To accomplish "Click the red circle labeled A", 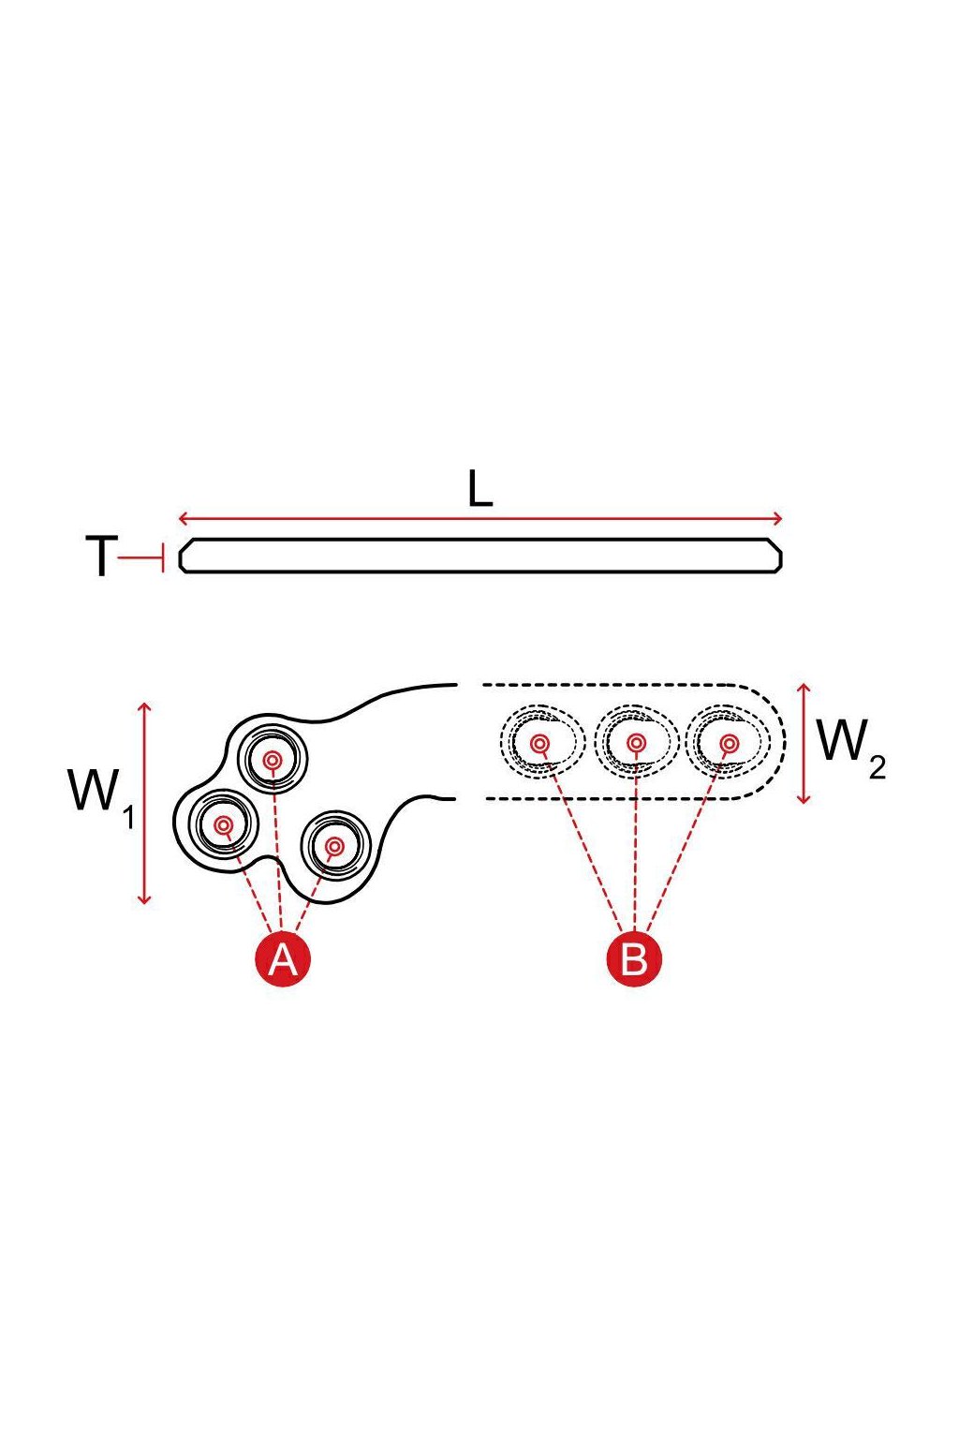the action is coord(283,959).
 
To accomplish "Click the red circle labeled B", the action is coord(633,959).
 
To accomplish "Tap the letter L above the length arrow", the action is coord(479,488).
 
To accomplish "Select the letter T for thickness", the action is coord(101,556).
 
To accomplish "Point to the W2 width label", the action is coord(851,749).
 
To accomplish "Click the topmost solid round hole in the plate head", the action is coord(273,760).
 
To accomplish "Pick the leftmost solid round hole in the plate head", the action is coord(224,824).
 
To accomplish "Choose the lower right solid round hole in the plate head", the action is coord(334,846).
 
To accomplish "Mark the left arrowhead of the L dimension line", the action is coord(184,518).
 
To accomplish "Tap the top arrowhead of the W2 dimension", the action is coord(804,690).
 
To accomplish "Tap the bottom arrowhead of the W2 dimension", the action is coord(804,798).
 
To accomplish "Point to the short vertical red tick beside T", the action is coord(164,557).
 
